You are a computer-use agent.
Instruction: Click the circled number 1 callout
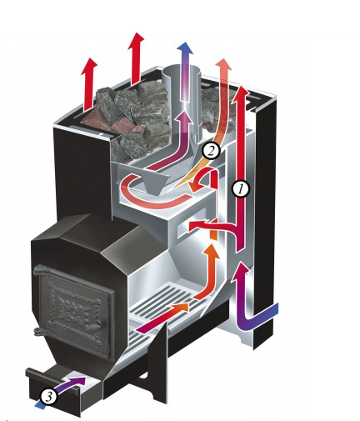(241, 189)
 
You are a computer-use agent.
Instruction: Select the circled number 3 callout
(49, 397)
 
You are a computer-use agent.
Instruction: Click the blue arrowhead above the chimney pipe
(186, 48)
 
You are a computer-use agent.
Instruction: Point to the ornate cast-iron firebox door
(74, 310)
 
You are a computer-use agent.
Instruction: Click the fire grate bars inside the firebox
(164, 303)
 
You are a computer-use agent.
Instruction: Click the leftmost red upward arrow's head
(89, 66)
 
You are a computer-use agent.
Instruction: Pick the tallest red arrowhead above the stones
(136, 41)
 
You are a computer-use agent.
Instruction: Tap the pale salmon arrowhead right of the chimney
(223, 66)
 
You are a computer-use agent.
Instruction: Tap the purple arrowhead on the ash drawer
(81, 381)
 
